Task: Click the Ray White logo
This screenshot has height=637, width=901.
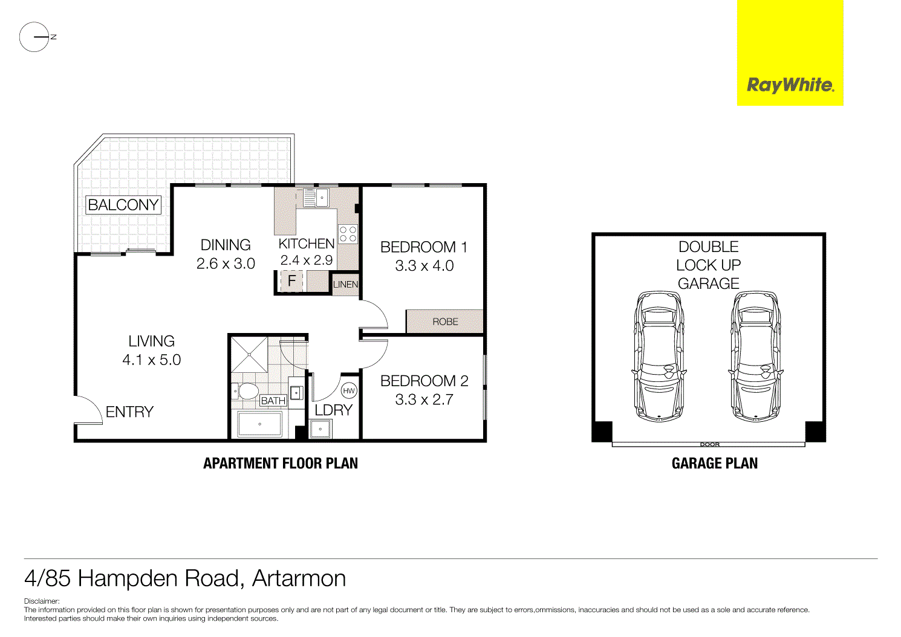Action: (x=790, y=85)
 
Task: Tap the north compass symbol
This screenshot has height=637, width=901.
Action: (x=34, y=37)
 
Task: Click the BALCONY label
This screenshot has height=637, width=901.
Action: (x=123, y=205)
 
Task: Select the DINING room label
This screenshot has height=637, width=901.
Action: (x=226, y=245)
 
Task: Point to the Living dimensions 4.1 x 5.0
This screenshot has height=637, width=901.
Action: (x=151, y=360)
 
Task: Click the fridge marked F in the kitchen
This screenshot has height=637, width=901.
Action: (x=291, y=281)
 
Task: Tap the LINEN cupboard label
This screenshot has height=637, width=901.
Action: (x=345, y=284)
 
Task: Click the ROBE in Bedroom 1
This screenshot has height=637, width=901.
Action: (x=445, y=322)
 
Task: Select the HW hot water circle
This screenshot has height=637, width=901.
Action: (x=349, y=391)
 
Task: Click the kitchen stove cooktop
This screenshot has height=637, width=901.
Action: (x=348, y=234)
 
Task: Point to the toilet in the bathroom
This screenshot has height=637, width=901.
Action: (x=247, y=391)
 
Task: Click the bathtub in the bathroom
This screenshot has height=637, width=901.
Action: (x=259, y=424)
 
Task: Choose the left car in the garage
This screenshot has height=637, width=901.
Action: (x=659, y=357)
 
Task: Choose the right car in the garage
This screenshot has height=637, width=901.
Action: (x=756, y=357)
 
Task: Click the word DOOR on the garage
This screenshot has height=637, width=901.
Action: (x=710, y=444)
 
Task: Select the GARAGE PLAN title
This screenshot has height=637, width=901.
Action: (x=714, y=464)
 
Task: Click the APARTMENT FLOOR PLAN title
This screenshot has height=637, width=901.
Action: (x=281, y=464)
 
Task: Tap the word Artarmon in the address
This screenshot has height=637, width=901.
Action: (x=299, y=578)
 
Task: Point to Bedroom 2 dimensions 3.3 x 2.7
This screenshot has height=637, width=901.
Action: (x=424, y=399)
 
